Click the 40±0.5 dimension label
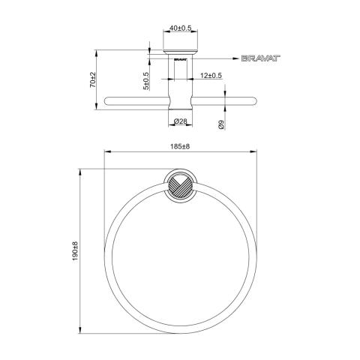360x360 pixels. pyautogui.click(x=180, y=28)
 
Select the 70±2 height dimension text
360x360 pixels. pyautogui.click(x=93, y=79)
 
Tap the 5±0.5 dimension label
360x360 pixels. pyautogui.click(x=146, y=81)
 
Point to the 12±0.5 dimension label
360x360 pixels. pyautogui.click(x=211, y=75)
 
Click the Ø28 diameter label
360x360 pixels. pyautogui.click(x=180, y=121)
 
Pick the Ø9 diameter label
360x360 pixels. pyautogui.click(x=221, y=124)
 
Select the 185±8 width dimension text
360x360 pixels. pyautogui.click(x=180, y=146)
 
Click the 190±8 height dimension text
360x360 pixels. pyautogui.click(x=75, y=251)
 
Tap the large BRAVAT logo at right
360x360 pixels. pyautogui.click(x=261, y=58)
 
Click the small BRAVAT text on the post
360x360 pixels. pyautogui.click(x=180, y=60)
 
